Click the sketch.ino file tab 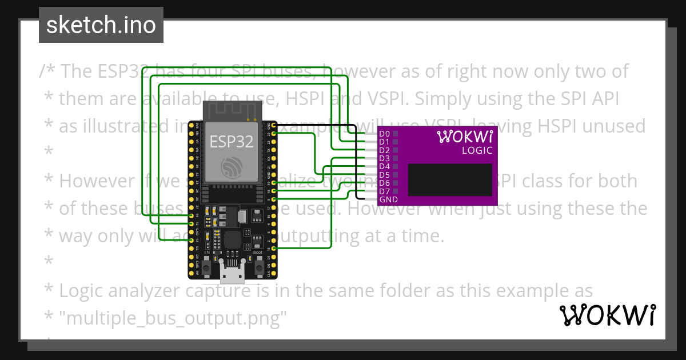[101, 25]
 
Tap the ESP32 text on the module [231, 141]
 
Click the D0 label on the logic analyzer [384, 133]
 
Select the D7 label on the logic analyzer [384, 191]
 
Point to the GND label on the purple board [389, 200]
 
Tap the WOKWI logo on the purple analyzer [464, 137]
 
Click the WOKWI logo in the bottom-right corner [607, 315]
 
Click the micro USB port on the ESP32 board [232, 276]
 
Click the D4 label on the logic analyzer [384, 166]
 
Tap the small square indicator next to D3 [395, 158]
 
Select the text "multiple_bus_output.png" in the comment [173, 318]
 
